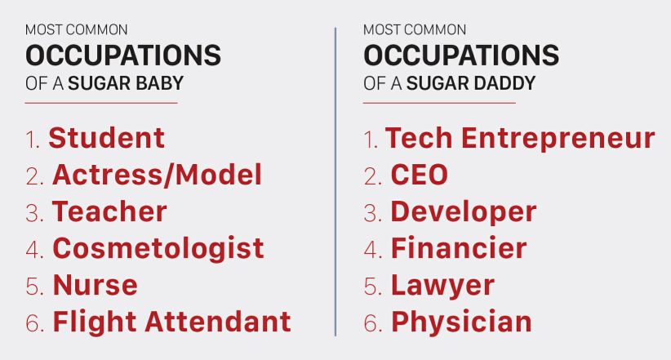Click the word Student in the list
[107, 138]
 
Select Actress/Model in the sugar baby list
[157, 175]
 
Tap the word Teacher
[109, 211]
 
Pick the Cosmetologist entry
[158, 249]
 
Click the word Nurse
[95, 285]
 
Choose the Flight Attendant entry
[171, 322]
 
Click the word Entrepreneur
[558, 139]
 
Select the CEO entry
[420, 175]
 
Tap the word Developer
[464, 212]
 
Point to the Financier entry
[459, 248]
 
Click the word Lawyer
[442, 286]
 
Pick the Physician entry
[461, 322]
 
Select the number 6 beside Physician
[371, 323]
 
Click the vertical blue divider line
[335, 182]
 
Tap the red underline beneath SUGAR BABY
[101, 103]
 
